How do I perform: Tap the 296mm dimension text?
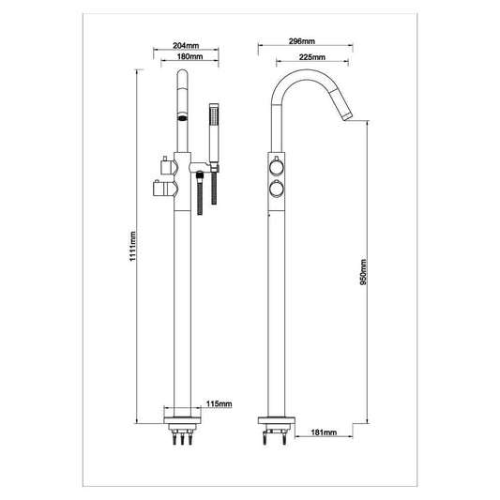301,42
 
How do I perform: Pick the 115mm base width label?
219,403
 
